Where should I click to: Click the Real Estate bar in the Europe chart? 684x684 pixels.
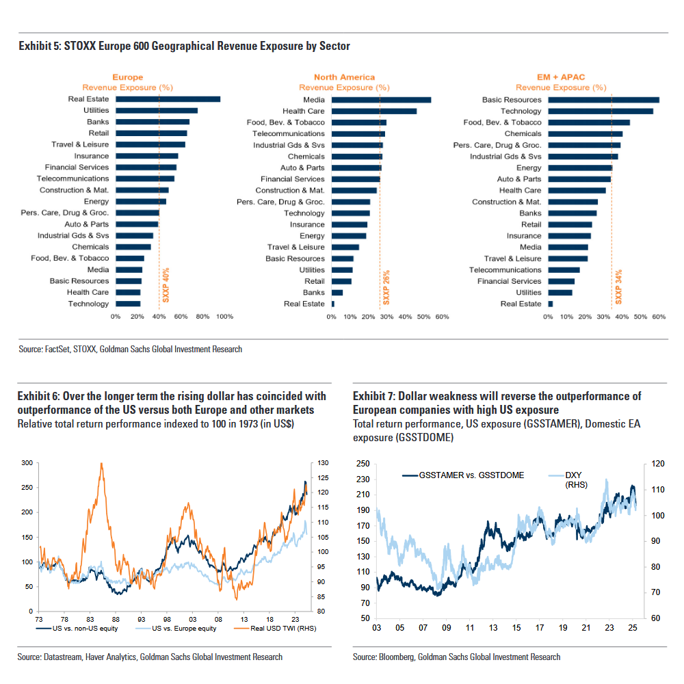pos(168,99)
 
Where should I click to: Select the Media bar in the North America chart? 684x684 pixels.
pos(381,100)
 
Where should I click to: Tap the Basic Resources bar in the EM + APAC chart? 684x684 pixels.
pos(603,100)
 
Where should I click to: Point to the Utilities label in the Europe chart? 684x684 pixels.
pos(96,110)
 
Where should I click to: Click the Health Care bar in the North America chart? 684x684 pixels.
pos(374,111)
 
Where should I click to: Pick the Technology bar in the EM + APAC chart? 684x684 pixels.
pos(601,111)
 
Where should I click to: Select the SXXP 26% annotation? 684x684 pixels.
pos(386,287)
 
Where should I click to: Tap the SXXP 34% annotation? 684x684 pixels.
pos(618,287)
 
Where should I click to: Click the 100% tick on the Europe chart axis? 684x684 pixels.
pos(224,317)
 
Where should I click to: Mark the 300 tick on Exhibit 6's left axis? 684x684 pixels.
pos(27,463)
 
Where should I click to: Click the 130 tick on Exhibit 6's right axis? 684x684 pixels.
pos(318,463)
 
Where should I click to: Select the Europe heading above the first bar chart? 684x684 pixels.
pos(127,77)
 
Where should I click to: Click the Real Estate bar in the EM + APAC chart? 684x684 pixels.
pos(550,304)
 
